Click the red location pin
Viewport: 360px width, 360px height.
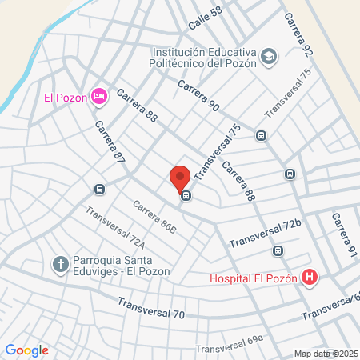180,178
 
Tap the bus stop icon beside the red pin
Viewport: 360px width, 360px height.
186,195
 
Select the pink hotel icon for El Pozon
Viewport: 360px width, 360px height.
99,97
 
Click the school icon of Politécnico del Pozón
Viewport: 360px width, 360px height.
270,56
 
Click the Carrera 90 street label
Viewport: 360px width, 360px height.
198,94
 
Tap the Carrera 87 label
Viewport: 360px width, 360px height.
110,142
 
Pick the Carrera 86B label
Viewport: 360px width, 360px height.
154,218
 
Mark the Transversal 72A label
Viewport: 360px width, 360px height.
115,229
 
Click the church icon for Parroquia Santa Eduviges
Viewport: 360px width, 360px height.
60,263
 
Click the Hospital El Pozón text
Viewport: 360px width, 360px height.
254,279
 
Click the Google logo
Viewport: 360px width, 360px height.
26,350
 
